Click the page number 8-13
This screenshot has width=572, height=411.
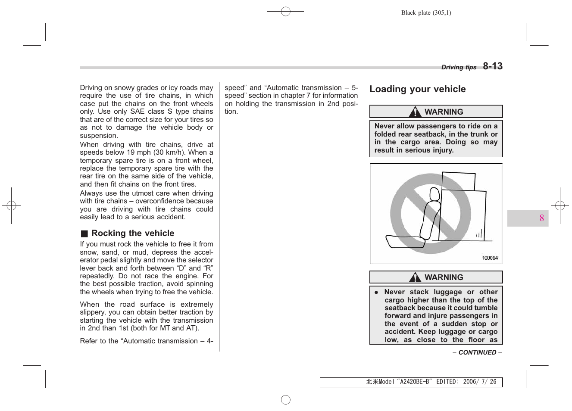point(492,66)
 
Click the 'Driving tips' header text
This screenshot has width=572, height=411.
point(459,67)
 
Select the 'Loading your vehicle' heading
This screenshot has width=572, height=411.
point(417,89)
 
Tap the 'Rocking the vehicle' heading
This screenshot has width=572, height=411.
point(132,233)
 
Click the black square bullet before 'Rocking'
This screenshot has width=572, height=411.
point(84,234)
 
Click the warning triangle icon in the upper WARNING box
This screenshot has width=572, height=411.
point(415,112)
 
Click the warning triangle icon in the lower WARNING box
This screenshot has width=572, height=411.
point(415,277)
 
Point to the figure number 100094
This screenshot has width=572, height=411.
point(490,258)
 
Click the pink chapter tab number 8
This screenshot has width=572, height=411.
point(541,218)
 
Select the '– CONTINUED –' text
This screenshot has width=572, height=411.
point(477,352)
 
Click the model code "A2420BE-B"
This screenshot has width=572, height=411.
point(414,382)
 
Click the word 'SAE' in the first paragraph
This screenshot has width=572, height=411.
point(137,112)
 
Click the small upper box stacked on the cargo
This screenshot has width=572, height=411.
point(459,181)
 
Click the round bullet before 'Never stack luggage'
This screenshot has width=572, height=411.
point(376,292)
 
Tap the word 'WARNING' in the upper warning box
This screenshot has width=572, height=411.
point(444,112)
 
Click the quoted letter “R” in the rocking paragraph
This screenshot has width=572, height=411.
point(208,268)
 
